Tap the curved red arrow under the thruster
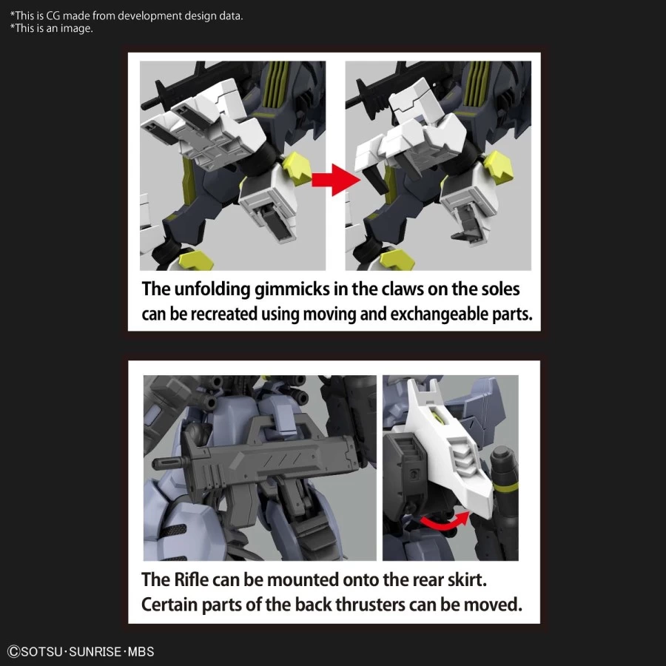point(444,522)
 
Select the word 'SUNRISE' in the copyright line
point(95,651)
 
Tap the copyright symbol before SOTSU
point(13,651)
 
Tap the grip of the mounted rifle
point(240,505)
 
